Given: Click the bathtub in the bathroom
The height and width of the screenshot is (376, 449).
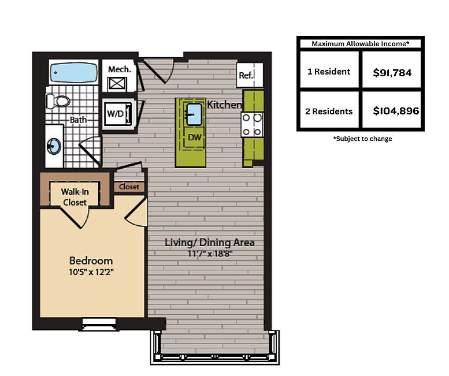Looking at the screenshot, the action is point(73,73).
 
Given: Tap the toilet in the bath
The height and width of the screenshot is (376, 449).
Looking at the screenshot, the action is point(58,101).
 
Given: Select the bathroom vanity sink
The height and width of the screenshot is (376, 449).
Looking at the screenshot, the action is point(54,146).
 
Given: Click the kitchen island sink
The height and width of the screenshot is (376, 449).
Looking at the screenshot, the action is point(194,114).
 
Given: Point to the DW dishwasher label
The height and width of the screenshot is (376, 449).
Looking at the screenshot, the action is point(195,137).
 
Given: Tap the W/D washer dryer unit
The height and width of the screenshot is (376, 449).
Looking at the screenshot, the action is point(118,114).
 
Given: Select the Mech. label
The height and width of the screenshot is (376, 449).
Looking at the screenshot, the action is point(120,69).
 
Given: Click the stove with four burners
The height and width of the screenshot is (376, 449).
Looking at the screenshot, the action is point(253,125).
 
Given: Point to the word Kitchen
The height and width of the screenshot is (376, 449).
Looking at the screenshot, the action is point(224,105).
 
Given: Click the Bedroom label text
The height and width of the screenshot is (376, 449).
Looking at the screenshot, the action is point(91,260).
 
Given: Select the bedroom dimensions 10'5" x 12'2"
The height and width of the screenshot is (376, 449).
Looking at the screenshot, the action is point(91,272).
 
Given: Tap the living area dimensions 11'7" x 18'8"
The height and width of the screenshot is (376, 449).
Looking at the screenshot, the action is point(210,254).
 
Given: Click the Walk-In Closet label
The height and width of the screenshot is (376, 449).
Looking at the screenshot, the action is point(75,197).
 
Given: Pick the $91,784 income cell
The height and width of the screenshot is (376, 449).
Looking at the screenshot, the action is point(392,73).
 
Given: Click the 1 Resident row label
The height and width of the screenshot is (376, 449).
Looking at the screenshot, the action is point(329,72).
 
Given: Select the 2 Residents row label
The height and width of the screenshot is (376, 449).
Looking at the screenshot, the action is point(329,111).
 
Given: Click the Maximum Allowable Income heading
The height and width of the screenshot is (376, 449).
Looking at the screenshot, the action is point(360,44).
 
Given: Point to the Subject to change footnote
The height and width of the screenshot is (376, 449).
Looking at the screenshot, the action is point(362,139).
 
